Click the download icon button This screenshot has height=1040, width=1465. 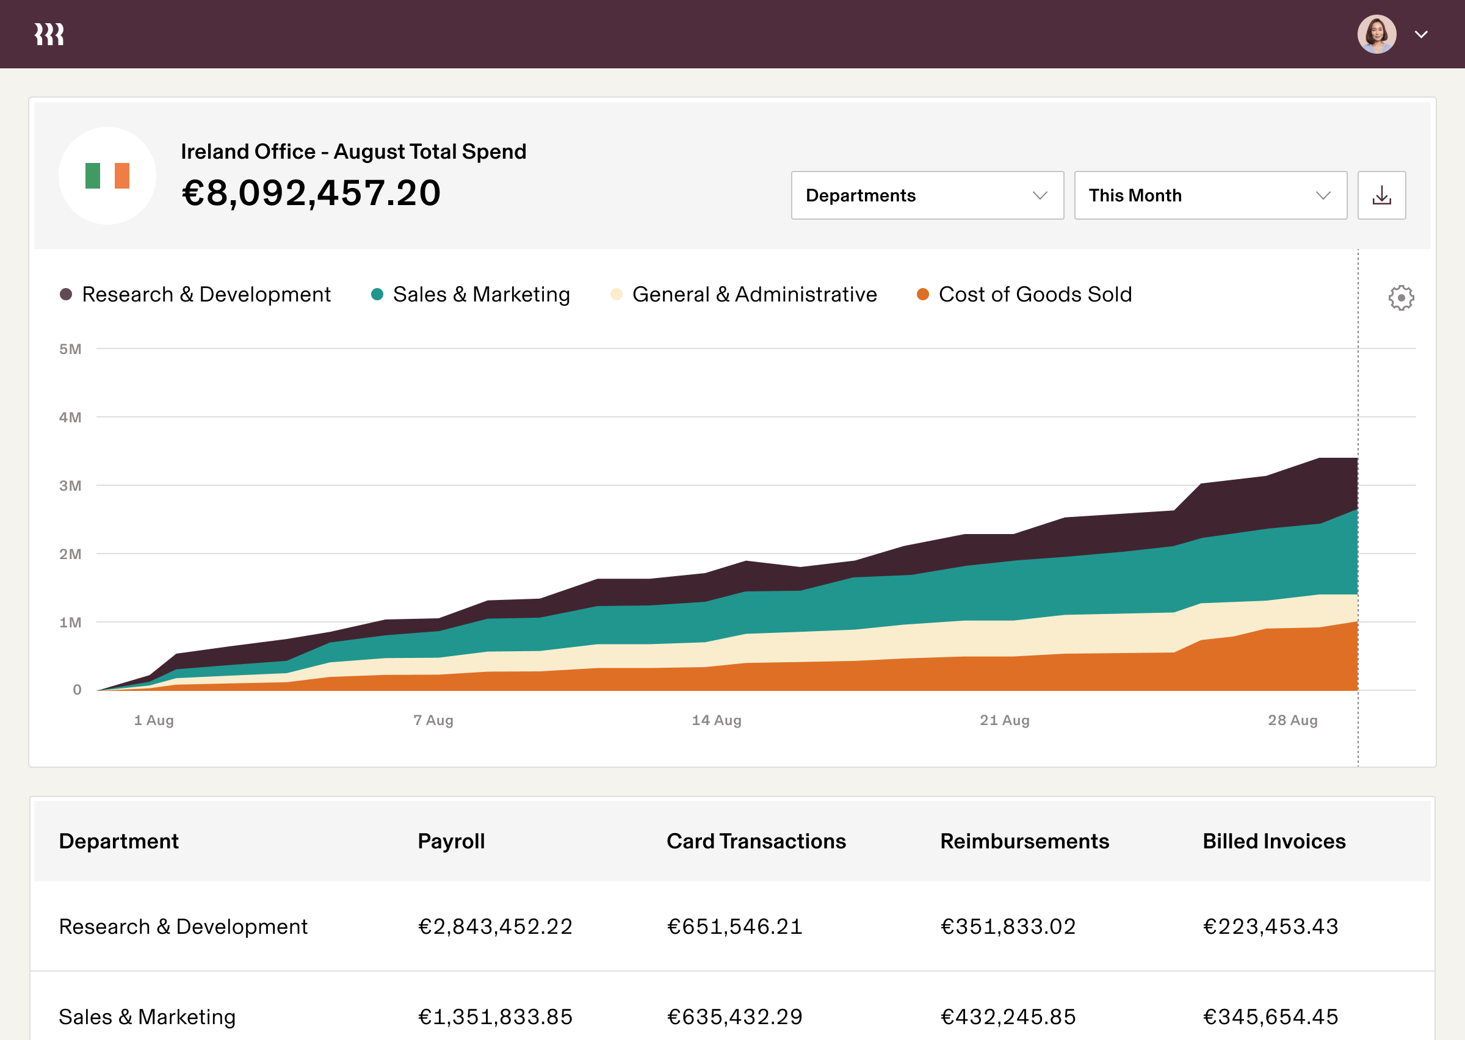pos(1381,195)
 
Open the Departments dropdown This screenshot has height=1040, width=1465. pos(927,195)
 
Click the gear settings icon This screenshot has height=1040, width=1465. pos(1400,298)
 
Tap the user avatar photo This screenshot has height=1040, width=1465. pos(1376,35)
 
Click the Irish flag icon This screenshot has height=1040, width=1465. pos(107,175)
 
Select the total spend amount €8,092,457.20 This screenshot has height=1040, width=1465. pos(311,193)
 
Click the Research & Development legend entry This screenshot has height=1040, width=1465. pos(195,295)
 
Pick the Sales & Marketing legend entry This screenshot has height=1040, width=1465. pos(471,295)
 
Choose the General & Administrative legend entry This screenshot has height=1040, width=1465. pos(744,295)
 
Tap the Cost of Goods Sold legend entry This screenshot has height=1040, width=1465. pos(1024,295)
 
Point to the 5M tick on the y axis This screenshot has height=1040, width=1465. pos(70,349)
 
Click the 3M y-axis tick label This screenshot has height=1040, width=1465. pos(70,485)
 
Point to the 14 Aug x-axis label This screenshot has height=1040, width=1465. pos(717,720)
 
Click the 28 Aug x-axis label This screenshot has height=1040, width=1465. pos(1292,720)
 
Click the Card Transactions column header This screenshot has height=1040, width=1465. pos(756,841)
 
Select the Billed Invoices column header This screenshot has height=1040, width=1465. pos(1273,841)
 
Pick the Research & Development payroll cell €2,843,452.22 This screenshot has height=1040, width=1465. pos(495,926)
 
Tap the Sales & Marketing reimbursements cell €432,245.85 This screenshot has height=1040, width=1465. pos(1008,1016)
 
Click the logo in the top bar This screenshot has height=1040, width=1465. pos(49,35)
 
